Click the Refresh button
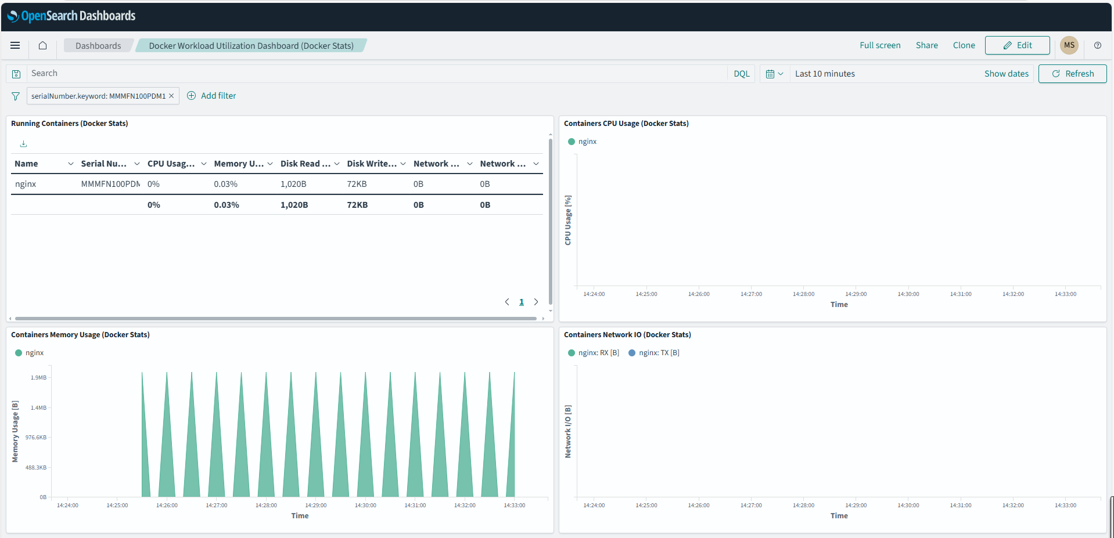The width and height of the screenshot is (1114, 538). click(x=1072, y=74)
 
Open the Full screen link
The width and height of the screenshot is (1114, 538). click(x=879, y=45)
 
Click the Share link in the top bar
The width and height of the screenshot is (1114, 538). click(x=926, y=45)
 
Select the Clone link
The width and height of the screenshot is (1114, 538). click(x=964, y=45)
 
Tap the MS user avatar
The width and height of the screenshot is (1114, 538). click(x=1069, y=45)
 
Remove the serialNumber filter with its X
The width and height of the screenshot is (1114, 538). click(x=171, y=96)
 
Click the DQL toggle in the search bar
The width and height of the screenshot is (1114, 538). click(x=741, y=74)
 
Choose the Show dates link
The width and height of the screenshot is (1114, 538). click(x=1006, y=74)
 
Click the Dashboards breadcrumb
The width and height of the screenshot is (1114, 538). click(x=98, y=46)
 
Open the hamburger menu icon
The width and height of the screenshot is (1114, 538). click(x=15, y=45)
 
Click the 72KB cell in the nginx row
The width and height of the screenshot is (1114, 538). click(x=357, y=184)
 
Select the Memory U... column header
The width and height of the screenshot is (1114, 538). click(x=239, y=164)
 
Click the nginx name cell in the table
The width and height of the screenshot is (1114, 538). click(x=26, y=184)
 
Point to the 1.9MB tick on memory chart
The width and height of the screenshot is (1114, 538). click(x=38, y=378)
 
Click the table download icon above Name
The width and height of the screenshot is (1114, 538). click(x=23, y=144)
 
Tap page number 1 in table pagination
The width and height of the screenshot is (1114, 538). click(x=521, y=302)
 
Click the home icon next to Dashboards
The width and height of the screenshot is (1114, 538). click(x=42, y=45)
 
